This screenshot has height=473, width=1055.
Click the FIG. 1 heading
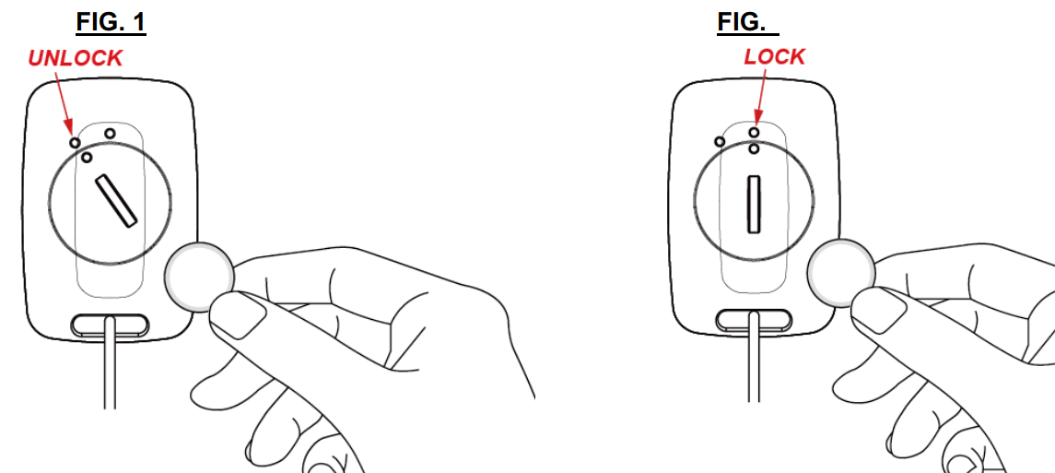point(111,22)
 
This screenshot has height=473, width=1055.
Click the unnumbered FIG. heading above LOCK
point(747,22)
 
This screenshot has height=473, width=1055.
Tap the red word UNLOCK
point(76,58)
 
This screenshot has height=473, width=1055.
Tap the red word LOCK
point(774,57)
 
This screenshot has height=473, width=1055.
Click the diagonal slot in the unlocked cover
point(116,200)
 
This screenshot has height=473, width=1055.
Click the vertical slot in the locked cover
point(753,203)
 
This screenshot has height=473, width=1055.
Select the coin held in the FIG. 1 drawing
point(198,277)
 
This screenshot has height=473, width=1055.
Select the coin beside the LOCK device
point(842,273)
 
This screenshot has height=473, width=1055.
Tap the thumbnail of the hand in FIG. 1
point(239,315)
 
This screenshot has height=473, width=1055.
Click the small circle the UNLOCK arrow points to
point(75,143)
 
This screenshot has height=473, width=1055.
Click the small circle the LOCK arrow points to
point(755,133)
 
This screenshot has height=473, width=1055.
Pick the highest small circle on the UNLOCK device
point(110,133)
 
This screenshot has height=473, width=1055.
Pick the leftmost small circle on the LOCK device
point(720,141)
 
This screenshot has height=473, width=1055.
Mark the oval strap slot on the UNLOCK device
point(111,324)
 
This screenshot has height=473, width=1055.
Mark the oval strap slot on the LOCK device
point(755,320)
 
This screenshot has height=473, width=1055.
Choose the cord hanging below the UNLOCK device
point(110,363)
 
